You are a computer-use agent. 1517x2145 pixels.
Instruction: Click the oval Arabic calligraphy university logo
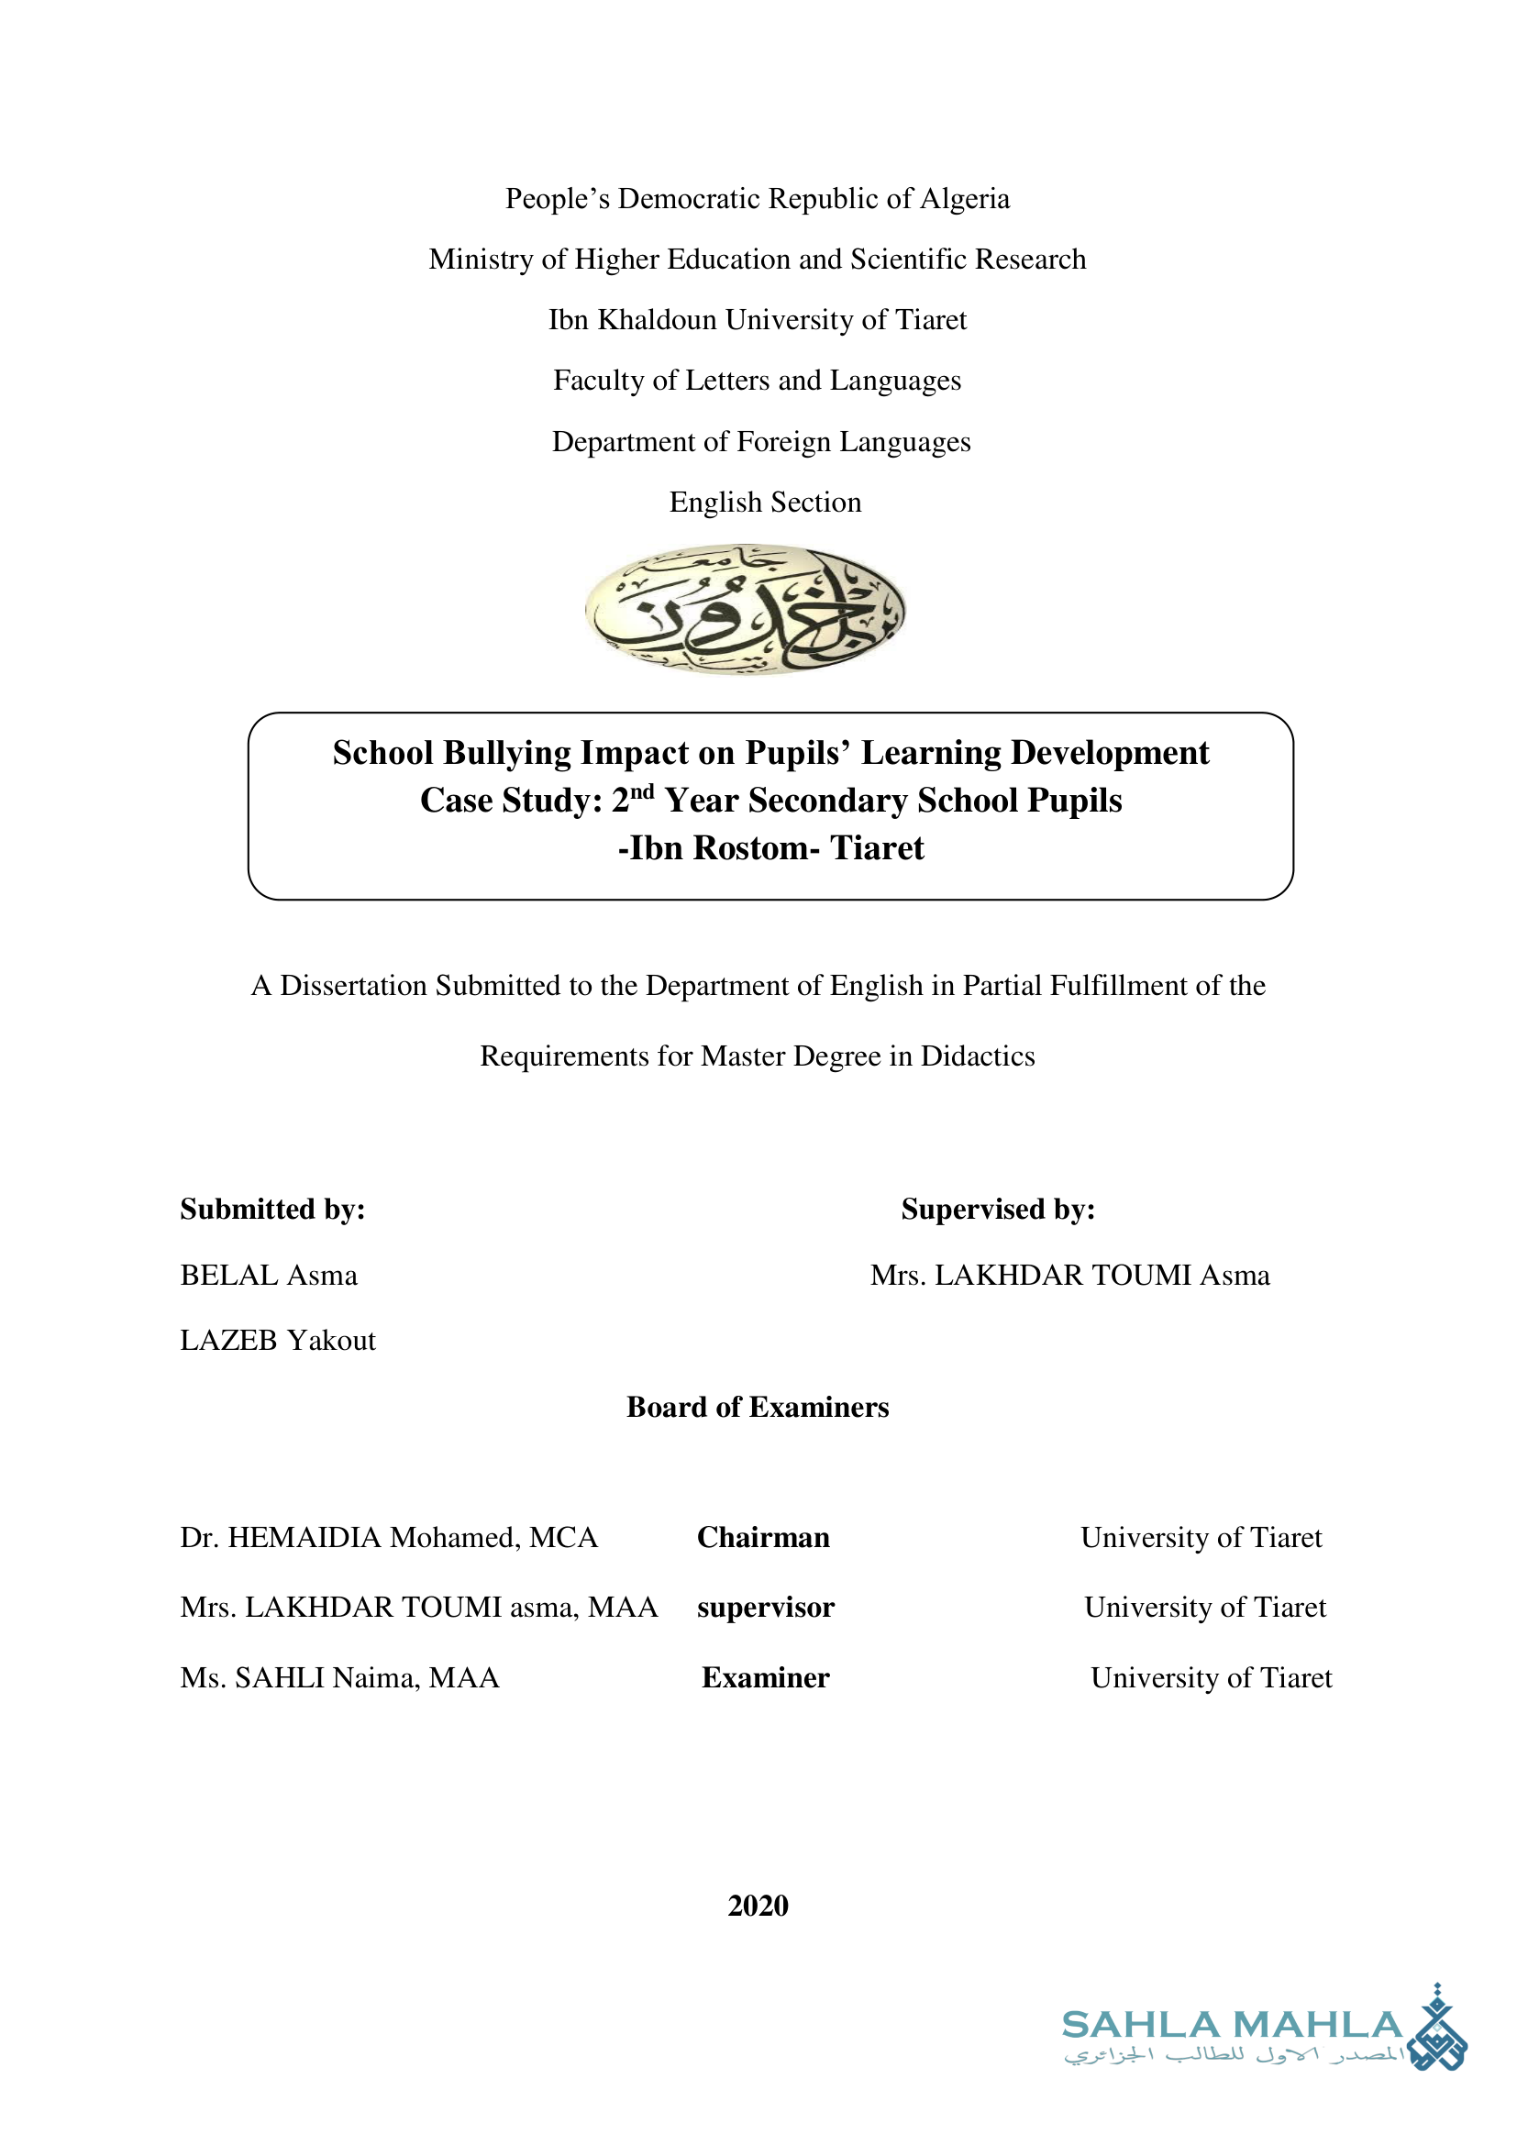(745, 609)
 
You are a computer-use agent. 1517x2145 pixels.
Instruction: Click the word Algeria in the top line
(964, 199)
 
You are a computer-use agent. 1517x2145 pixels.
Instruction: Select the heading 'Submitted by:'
(271, 1209)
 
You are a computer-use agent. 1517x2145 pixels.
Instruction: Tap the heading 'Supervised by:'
(997, 1209)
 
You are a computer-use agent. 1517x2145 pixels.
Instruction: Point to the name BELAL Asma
(268, 1276)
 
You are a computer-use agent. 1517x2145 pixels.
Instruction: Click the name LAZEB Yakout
(277, 1341)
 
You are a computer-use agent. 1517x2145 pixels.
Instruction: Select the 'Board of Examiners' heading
(758, 1407)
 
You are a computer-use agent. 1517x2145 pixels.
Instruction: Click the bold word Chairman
(762, 1538)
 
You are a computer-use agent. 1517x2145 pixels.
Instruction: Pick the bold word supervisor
(765, 1608)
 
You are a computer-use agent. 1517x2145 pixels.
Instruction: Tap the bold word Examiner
(765, 1678)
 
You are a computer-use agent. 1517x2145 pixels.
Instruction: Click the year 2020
(758, 1906)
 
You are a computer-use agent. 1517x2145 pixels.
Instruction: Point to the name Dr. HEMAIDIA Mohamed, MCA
(389, 1538)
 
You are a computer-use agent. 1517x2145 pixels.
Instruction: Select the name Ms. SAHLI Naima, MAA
(339, 1678)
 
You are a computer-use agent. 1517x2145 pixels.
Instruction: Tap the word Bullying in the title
(507, 753)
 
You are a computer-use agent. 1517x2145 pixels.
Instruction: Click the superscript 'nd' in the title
(642, 792)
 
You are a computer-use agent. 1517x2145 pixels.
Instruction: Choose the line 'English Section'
(765, 503)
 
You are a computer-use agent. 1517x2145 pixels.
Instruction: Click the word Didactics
(977, 1056)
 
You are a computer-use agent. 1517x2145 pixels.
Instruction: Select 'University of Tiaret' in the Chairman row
(1201, 1538)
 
